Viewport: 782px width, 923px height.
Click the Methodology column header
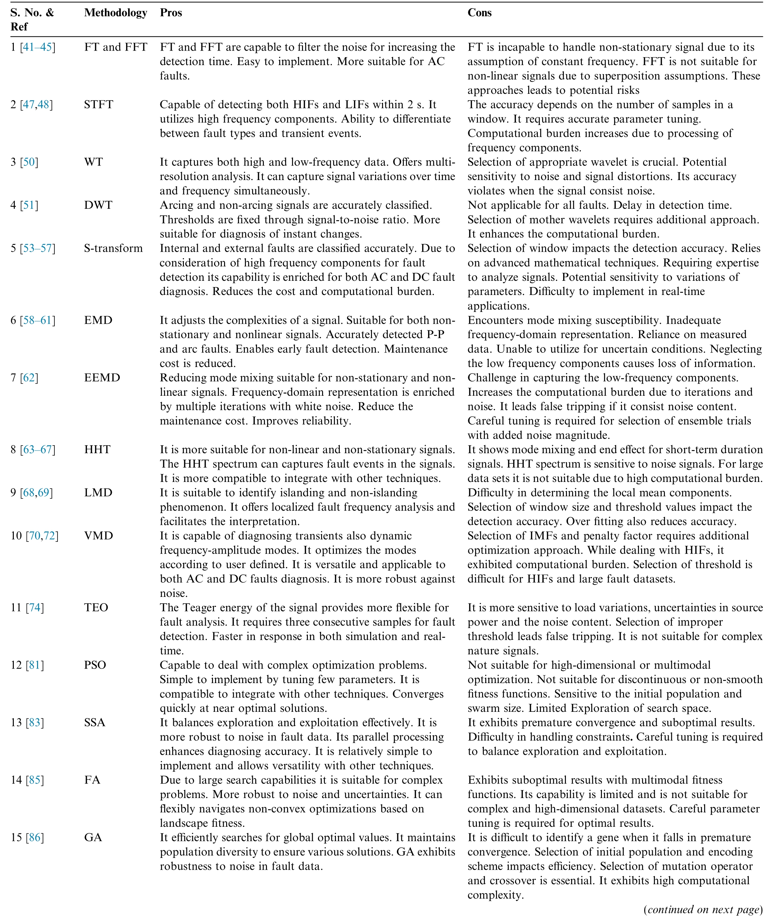click(115, 13)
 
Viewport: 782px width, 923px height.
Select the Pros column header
click(171, 13)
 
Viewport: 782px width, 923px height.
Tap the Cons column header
click(479, 13)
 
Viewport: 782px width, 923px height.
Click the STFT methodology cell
click(98, 105)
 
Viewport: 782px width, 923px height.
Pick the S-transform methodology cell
click(114, 248)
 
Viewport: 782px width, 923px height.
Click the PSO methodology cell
click(95, 665)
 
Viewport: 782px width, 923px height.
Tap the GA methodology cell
click(93, 837)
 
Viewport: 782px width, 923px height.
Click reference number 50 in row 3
click(29, 162)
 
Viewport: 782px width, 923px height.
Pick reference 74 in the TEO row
click(35, 608)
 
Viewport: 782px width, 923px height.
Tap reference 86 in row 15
click(35, 837)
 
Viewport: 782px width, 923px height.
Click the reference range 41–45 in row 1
click(37, 47)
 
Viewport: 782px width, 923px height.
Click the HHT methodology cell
click(97, 449)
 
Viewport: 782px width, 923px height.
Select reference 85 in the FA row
click(35, 780)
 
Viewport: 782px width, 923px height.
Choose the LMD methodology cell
click(98, 493)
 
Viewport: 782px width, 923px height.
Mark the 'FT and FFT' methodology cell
click(115, 47)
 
